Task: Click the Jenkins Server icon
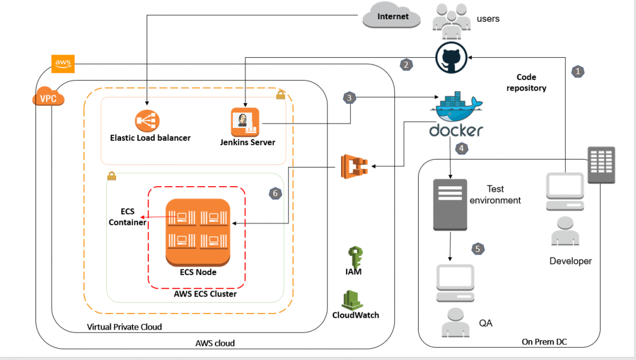(244, 122)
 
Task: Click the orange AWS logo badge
(63, 63)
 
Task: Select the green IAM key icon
(354, 255)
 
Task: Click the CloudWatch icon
(355, 299)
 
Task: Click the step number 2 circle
(406, 64)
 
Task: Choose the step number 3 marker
(350, 98)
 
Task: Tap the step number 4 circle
(461, 149)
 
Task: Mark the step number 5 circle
(478, 248)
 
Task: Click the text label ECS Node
(196, 272)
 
